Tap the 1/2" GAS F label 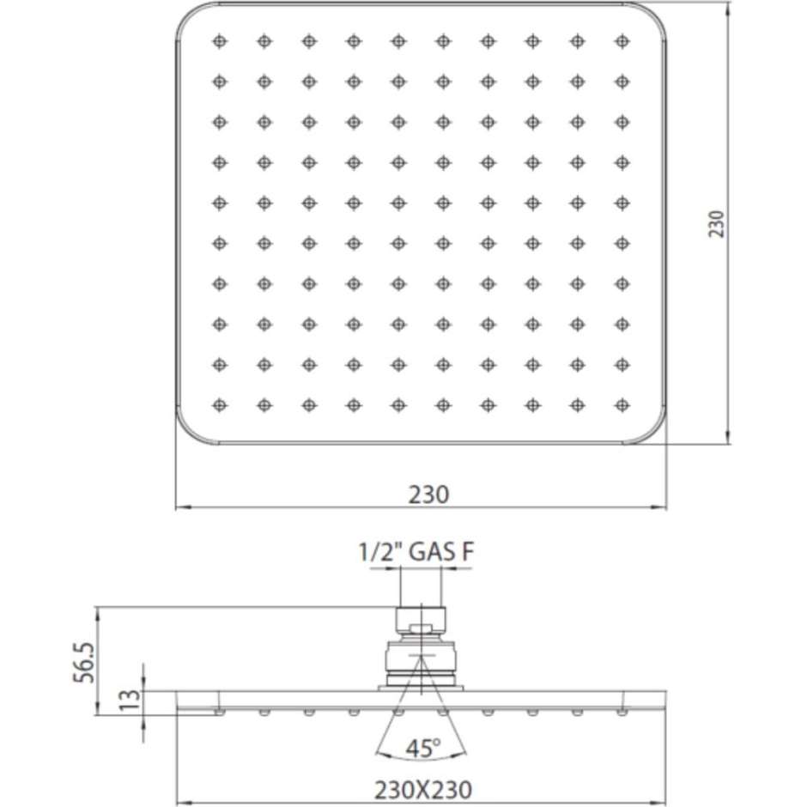pyautogui.click(x=416, y=555)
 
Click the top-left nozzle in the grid pyautogui.click(x=220, y=40)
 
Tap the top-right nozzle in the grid pyautogui.click(x=622, y=40)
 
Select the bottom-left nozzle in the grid pyautogui.click(x=220, y=403)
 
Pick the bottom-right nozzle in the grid pyautogui.click(x=622, y=403)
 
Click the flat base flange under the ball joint pyautogui.click(x=421, y=687)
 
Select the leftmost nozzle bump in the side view pyautogui.click(x=220, y=712)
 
